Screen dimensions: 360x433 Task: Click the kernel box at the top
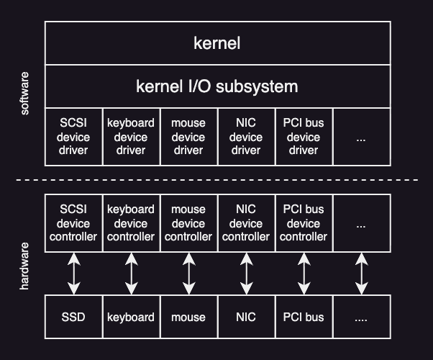pos(217,43)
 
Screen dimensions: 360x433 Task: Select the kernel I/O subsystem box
pos(217,86)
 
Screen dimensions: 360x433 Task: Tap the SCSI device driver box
pos(73,137)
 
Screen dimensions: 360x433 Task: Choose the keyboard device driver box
pos(131,137)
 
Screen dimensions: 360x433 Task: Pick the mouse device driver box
pos(188,137)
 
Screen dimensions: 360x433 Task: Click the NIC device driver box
pos(246,137)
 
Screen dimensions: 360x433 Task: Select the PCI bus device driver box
pos(304,137)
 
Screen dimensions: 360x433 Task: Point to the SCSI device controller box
pos(73,223)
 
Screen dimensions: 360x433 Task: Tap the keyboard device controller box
pos(131,223)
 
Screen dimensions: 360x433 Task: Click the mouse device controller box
pos(188,223)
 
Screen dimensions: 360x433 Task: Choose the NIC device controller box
pos(246,223)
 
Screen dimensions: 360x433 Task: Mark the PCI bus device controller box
pos(304,223)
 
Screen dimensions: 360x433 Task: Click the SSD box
pos(73,317)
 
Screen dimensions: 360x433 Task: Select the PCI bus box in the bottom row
pos(304,317)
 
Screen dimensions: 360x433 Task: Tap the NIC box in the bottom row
pos(246,317)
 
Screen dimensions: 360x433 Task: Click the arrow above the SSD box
pos(73,274)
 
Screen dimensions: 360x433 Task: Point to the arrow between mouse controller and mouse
pos(188,274)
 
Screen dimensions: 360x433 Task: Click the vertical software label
pos(25,94)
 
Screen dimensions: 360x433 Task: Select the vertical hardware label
pos(25,266)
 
